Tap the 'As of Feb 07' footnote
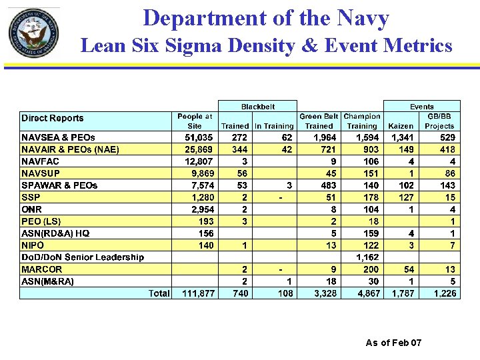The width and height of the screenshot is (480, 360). click(x=393, y=343)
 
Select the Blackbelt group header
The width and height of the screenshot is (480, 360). click(x=257, y=106)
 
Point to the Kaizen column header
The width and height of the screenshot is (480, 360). click(x=401, y=125)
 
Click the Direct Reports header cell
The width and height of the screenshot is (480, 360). click(x=53, y=119)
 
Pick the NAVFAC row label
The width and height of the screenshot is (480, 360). click(x=41, y=161)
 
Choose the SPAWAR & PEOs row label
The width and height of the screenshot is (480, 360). click(x=59, y=185)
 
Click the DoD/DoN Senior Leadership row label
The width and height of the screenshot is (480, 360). click(x=83, y=257)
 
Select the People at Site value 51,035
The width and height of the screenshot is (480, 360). click(x=199, y=137)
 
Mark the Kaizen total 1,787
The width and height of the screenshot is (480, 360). click(x=401, y=293)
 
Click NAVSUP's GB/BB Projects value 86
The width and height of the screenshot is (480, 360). click(x=451, y=173)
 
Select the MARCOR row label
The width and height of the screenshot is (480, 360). click(x=42, y=269)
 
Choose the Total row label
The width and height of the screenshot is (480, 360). click(x=159, y=293)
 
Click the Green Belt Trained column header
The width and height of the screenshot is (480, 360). click(x=319, y=121)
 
